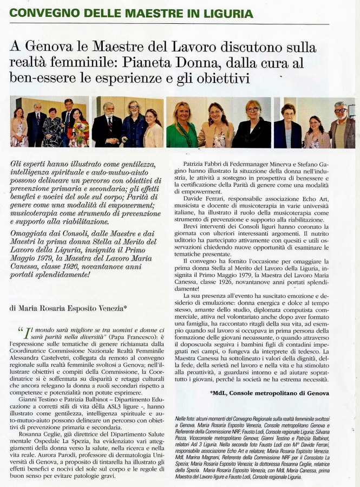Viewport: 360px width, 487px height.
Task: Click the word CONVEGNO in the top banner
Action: click(x=37, y=12)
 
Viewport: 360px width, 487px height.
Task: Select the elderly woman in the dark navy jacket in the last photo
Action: click(x=288, y=128)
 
